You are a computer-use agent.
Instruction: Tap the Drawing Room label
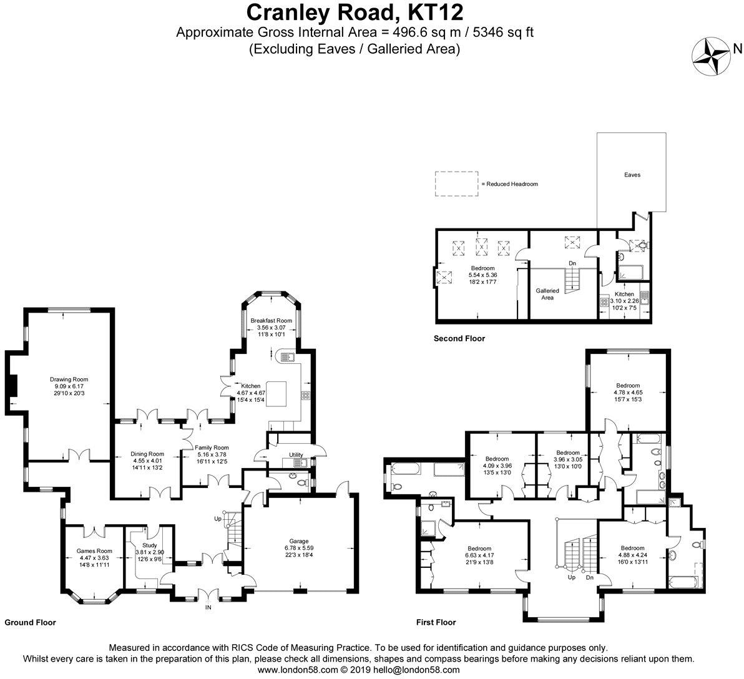click(x=69, y=379)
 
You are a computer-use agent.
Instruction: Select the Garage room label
click(x=299, y=541)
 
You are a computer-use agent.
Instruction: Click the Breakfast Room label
click(x=272, y=321)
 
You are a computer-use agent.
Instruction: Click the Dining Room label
click(x=147, y=454)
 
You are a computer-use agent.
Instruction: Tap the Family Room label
click(x=212, y=447)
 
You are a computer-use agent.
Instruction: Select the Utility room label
click(x=296, y=455)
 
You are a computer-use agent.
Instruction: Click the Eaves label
click(x=632, y=175)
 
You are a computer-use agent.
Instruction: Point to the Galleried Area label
click(x=547, y=294)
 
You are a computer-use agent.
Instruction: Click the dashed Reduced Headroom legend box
click(x=456, y=183)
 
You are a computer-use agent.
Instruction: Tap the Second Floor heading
click(x=459, y=338)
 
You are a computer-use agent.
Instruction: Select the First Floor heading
click(x=436, y=622)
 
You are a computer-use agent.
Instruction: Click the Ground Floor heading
click(x=31, y=622)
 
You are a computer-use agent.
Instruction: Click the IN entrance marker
click(x=208, y=607)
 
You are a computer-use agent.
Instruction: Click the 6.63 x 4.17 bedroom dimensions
click(x=479, y=555)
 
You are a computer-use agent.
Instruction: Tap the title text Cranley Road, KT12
click(x=355, y=12)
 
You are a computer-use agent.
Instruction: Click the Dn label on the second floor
click(x=573, y=263)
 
